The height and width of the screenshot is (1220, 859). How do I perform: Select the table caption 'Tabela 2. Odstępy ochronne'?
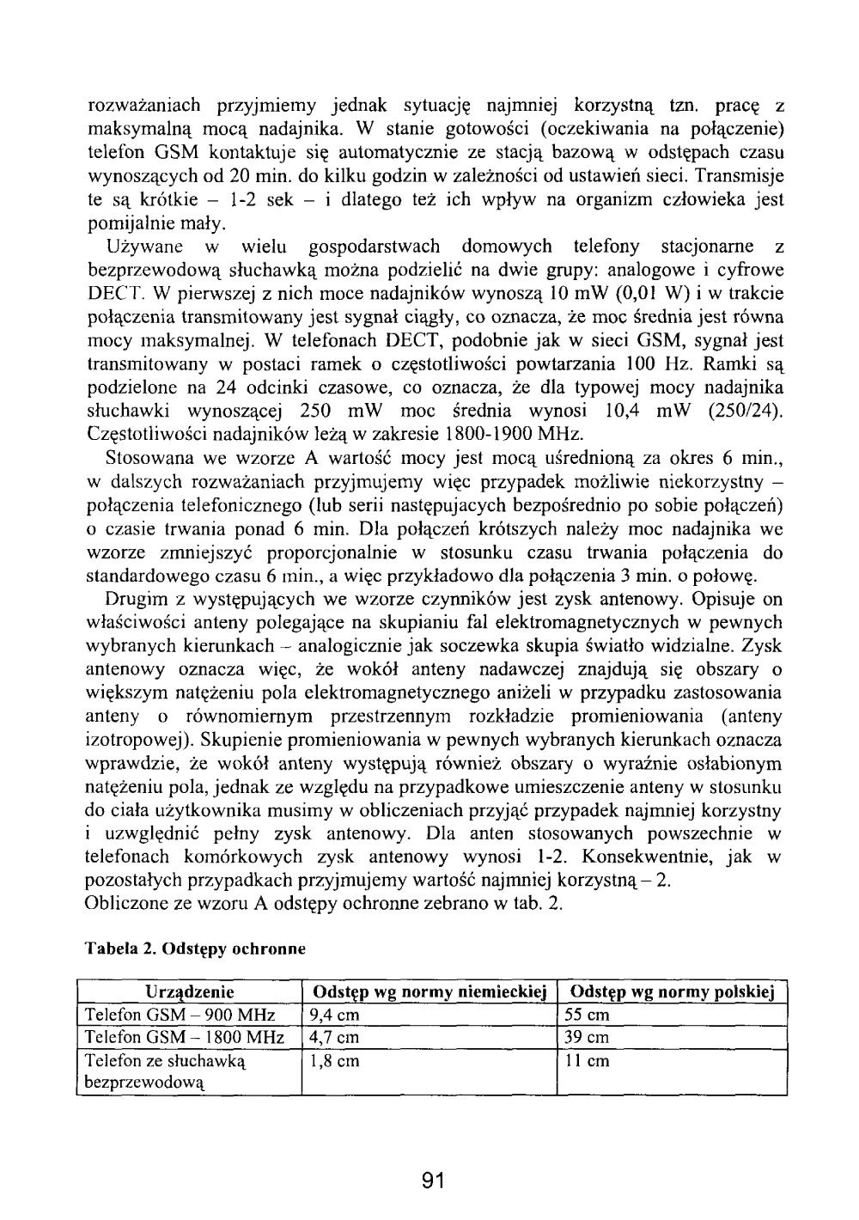click(x=194, y=949)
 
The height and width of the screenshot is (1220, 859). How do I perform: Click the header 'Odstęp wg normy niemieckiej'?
click(x=430, y=993)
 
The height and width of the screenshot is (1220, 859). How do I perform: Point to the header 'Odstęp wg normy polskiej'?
click(x=673, y=993)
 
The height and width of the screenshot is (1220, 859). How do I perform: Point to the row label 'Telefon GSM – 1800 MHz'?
click(x=184, y=1038)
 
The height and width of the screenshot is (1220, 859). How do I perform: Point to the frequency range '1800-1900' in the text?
click(x=491, y=433)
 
